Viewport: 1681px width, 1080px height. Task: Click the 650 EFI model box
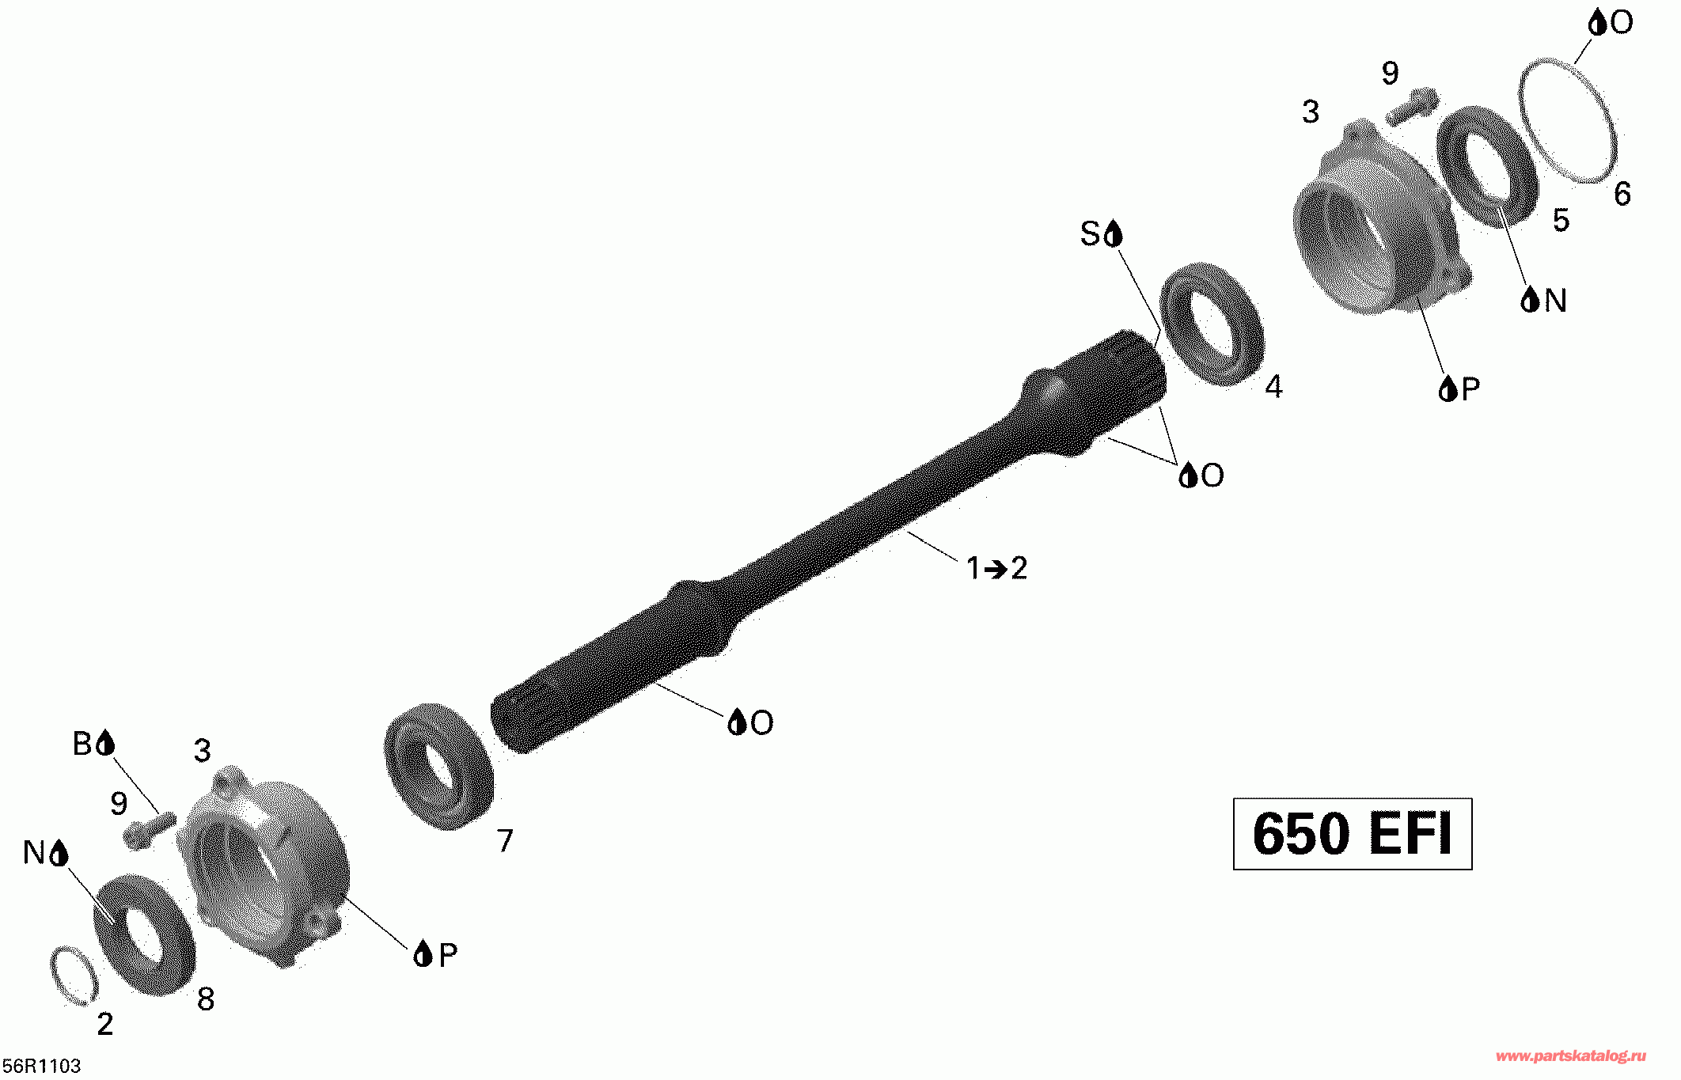(x=1353, y=834)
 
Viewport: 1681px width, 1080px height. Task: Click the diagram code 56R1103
(x=42, y=1066)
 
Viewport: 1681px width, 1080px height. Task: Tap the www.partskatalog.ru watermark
(x=1571, y=1056)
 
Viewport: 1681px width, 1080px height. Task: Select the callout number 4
(x=1273, y=386)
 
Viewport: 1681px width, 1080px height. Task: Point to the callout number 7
(x=505, y=840)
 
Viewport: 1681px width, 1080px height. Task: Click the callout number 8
(x=206, y=999)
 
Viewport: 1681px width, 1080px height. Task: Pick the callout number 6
(x=1622, y=194)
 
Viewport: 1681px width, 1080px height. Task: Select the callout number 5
(x=1561, y=220)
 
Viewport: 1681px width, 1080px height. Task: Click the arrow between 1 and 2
(x=996, y=569)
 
